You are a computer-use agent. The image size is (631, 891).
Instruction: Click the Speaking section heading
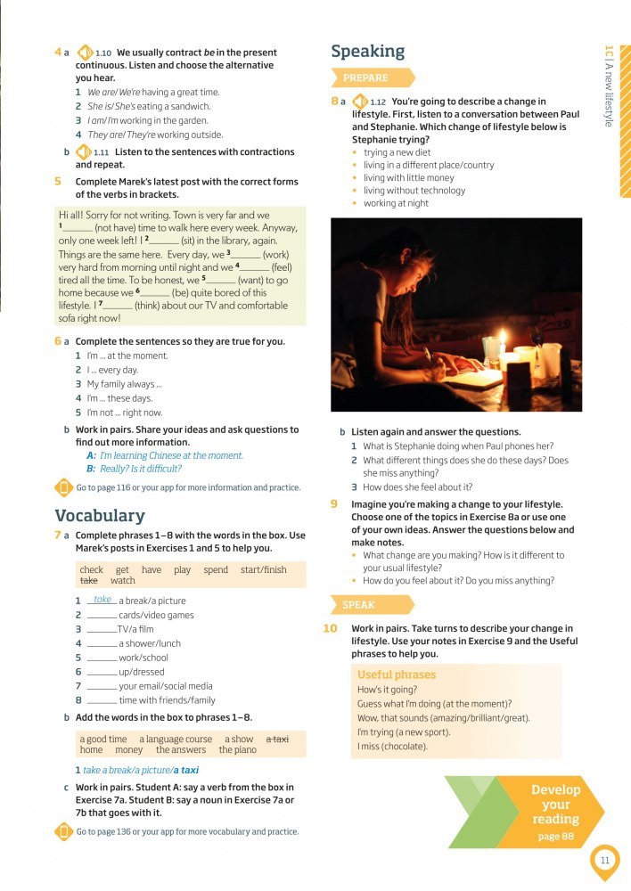(x=367, y=52)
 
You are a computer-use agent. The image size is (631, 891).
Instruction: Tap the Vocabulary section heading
(x=99, y=516)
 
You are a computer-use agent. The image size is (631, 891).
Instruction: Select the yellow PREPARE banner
(x=372, y=78)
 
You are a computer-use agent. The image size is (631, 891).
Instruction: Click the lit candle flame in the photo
(x=502, y=339)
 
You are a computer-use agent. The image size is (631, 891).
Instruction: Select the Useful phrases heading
(x=396, y=674)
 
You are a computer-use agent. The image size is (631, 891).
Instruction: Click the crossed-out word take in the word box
(x=88, y=581)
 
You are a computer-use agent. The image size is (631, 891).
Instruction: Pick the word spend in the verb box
(x=216, y=569)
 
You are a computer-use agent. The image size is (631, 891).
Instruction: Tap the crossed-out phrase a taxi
(x=277, y=739)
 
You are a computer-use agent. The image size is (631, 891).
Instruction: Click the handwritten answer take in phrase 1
(x=102, y=600)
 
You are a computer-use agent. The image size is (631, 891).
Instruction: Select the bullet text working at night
(x=396, y=203)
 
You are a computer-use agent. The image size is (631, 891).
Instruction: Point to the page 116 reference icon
(x=63, y=487)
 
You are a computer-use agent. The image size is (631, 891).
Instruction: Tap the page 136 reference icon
(x=63, y=831)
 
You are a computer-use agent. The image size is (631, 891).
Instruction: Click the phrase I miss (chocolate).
(x=392, y=746)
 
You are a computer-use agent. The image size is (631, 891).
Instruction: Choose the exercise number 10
(x=330, y=629)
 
